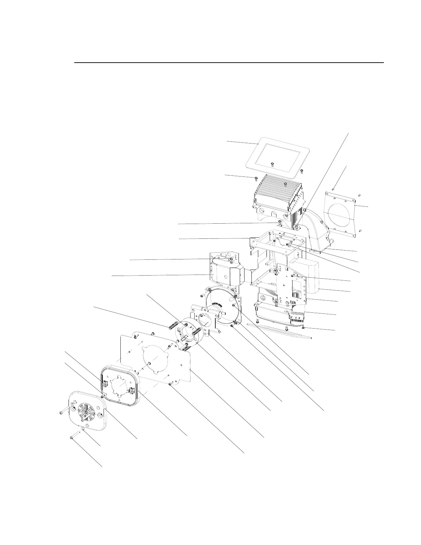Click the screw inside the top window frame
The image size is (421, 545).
[x=272, y=164]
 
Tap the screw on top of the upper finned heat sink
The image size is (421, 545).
[x=285, y=184]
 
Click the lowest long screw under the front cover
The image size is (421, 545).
[x=72, y=437]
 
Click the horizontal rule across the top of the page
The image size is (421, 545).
[x=229, y=63]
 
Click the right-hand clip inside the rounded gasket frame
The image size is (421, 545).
[x=132, y=391]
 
